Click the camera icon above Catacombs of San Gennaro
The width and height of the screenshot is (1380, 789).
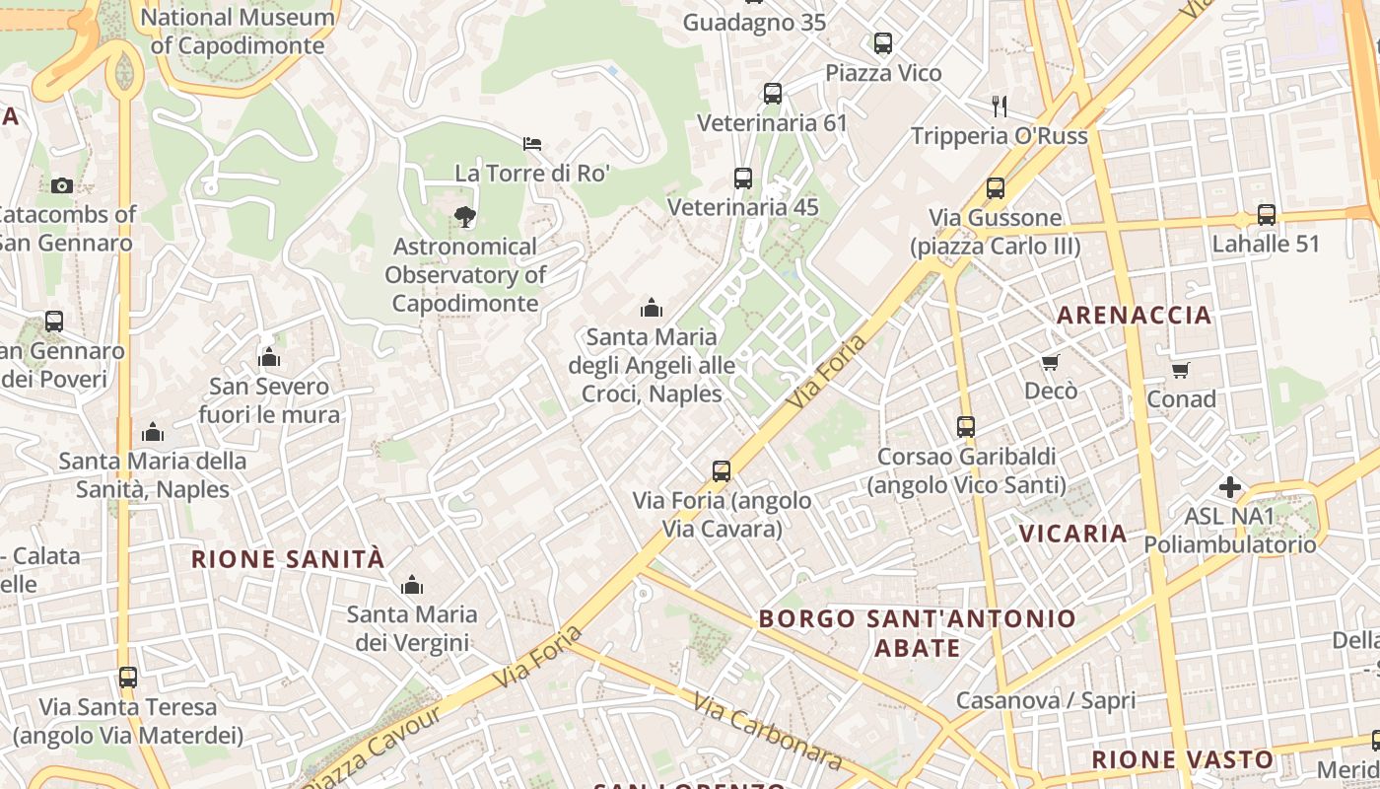[x=61, y=185]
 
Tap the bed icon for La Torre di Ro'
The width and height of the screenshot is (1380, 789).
[x=532, y=144]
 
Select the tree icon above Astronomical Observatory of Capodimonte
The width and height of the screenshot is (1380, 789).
[x=464, y=216]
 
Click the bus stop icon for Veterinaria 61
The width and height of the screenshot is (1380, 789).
[x=773, y=94]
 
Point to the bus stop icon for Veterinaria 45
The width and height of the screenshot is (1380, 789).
[x=743, y=179]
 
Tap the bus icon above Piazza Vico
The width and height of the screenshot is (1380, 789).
[x=883, y=43]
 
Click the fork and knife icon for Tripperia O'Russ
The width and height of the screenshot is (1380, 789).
[x=1000, y=106]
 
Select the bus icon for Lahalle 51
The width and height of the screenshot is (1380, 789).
[x=1266, y=214]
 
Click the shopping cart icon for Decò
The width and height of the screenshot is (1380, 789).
[x=1051, y=362]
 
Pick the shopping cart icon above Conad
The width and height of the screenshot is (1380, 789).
[x=1180, y=370]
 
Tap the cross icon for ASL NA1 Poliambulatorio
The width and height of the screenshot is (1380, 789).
[x=1229, y=486]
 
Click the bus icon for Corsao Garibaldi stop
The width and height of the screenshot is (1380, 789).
[x=966, y=427]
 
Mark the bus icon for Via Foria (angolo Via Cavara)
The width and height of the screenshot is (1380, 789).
[x=722, y=471]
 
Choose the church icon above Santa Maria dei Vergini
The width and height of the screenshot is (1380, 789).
[x=412, y=585]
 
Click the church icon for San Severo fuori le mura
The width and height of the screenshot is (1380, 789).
[x=269, y=356]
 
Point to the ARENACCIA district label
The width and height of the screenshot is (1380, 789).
[x=1134, y=316]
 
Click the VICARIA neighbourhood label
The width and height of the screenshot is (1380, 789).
[x=1072, y=534]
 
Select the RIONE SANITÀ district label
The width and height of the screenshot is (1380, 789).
[x=287, y=559]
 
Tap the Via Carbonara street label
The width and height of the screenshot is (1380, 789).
[x=767, y=731]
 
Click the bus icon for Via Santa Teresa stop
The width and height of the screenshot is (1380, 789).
[x=127, y=678]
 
